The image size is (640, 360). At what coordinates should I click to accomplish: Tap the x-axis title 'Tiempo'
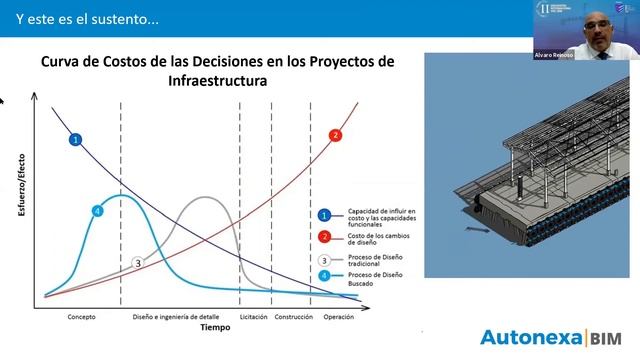tap(214, 328)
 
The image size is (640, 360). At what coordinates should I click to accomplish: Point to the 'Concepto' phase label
tap(82, 317)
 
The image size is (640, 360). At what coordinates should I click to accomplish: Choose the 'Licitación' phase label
tap(253, 317)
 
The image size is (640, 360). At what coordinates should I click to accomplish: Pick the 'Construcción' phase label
tap(294, 317)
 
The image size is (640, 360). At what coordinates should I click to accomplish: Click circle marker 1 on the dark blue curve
tap(76, 139)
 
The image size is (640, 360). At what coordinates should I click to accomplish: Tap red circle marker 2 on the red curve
tap(335, 135)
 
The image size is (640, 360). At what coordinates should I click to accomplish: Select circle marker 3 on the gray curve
tap(138, 262)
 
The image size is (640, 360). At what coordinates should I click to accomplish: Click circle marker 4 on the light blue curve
tap(97, 211)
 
